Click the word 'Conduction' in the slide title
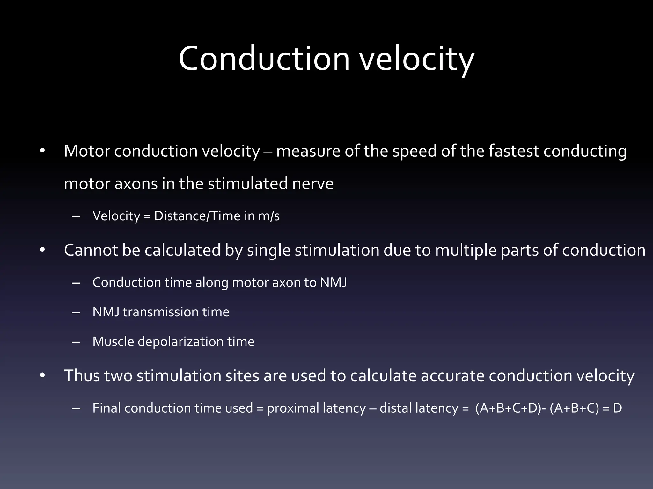point(264,59)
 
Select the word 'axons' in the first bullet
point(136,184)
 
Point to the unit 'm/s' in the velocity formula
point(269,216)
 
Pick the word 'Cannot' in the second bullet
point(91,250)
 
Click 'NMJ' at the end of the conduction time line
point(333,283)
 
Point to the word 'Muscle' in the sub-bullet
point(113,342)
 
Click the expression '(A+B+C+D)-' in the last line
point(511,408)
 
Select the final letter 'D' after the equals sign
point(617,408)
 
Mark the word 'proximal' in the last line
point(293,408)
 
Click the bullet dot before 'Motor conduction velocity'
point(43,151)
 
